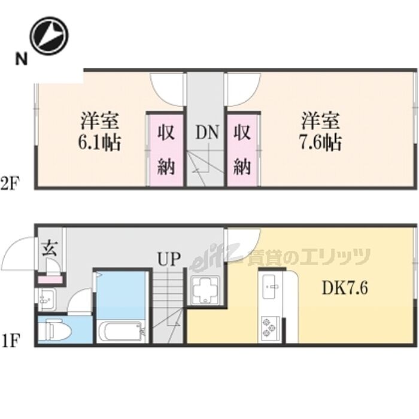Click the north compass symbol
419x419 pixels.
50,36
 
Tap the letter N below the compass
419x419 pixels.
22,59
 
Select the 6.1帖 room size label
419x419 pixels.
99,142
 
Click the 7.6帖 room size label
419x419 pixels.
320,142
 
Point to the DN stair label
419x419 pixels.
207,132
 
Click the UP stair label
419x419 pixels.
169,259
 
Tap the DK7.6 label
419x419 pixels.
345,288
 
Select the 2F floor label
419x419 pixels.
10,184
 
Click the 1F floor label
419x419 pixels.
10,341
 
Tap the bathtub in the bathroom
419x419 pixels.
121,332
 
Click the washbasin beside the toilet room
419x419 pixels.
47,299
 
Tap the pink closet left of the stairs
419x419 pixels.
166,150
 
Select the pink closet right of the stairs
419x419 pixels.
242,150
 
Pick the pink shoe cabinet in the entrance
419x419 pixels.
50,280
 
